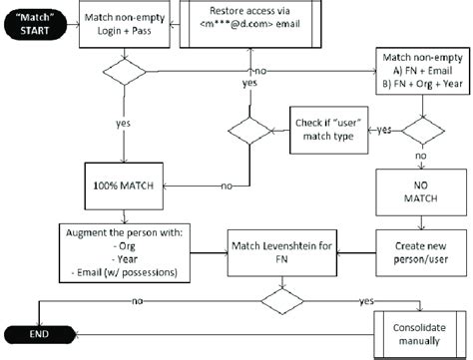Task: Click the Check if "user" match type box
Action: tap(330, 129)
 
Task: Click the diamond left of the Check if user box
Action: tap(244, 131)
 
